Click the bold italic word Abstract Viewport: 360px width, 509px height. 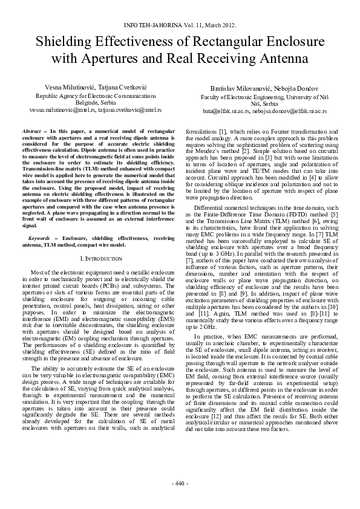[x=31, y=131]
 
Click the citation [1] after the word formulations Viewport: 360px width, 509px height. [x=223, y=131]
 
